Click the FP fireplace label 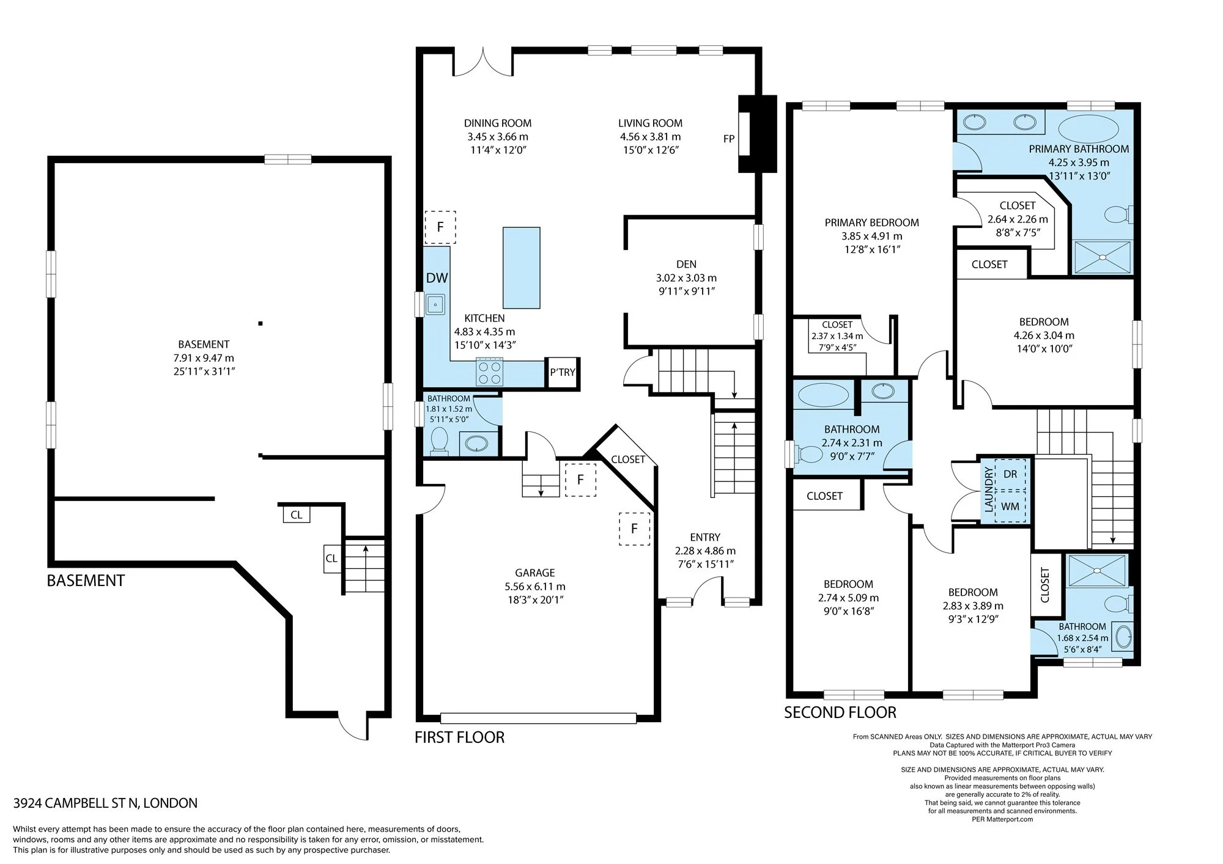729,139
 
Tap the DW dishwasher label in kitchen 437,278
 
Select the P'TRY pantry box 563,372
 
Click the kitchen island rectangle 522,268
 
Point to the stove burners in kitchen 489,373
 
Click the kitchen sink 435,304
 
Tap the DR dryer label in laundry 1010,474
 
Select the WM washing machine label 1010,507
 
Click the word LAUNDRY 988,489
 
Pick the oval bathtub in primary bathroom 1088,128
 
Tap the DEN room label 686,264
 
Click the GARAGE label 535,573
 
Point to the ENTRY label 705,537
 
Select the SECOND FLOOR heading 840,712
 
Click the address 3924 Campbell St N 105,804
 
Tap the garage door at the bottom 538,719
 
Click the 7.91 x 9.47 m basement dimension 204,358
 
